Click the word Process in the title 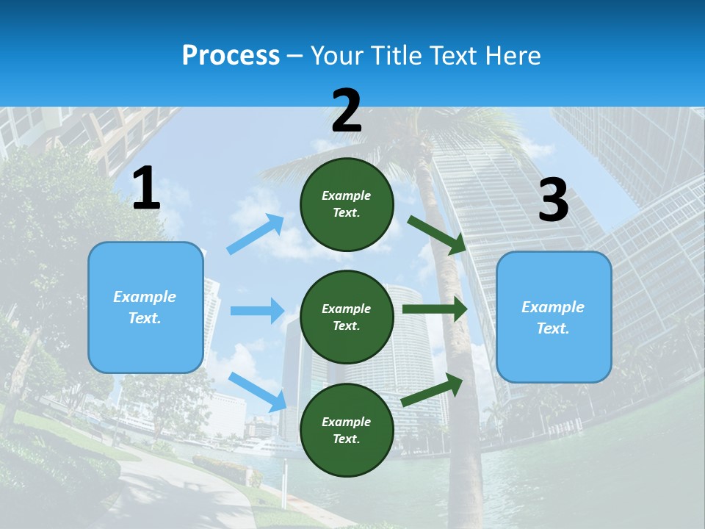click(231, 56)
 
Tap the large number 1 click(146, 190)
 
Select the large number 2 click(347, 112)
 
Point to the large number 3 click(553, 201)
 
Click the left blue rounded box click(145, 307)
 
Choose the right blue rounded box click(554, 317)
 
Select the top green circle click(347, 204)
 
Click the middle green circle click(347, 317)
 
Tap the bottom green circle click(347, 430)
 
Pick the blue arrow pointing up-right click(256, 234)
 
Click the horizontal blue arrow click(258, 311)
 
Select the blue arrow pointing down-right click(258, 392)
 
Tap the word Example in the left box click(145, 297)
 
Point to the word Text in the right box click(552, 328)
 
